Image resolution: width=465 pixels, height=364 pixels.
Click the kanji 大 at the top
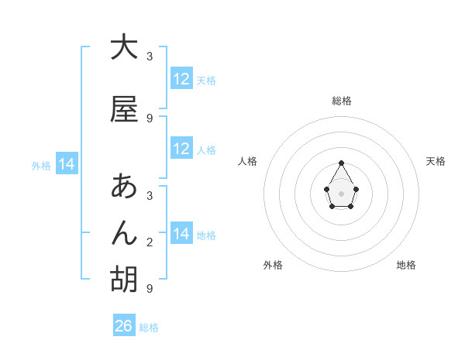(124, 48)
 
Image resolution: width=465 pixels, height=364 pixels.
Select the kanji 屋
(124, 109)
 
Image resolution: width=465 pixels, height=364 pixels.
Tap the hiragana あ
(124, 187)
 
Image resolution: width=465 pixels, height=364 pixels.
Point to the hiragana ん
(124, 233)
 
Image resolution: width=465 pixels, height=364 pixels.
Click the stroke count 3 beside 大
(150, 57)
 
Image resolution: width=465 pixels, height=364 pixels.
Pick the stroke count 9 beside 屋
(150, 118)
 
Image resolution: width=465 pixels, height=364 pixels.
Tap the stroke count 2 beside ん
(150, 242)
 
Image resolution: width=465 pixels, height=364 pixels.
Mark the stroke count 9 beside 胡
(150, 289)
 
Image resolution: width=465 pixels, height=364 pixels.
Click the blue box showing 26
(124, 326)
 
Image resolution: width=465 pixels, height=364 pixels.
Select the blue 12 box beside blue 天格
(181, 79)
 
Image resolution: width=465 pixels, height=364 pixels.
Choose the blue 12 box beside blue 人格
(181, 149)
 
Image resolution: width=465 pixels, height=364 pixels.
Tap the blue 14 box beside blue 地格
(181, 234)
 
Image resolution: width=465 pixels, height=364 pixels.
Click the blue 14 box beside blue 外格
(67, 164)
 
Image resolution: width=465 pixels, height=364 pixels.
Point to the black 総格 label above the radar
(342, 101)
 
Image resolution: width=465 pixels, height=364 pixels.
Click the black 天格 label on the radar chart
(436, 161)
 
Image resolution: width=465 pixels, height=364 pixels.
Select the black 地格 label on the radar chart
(406, 265)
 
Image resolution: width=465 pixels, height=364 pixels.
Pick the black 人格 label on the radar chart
(248, 161)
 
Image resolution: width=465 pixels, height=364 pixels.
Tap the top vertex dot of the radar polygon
(342, 163)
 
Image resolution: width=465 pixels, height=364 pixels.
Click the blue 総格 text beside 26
(149, 328)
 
